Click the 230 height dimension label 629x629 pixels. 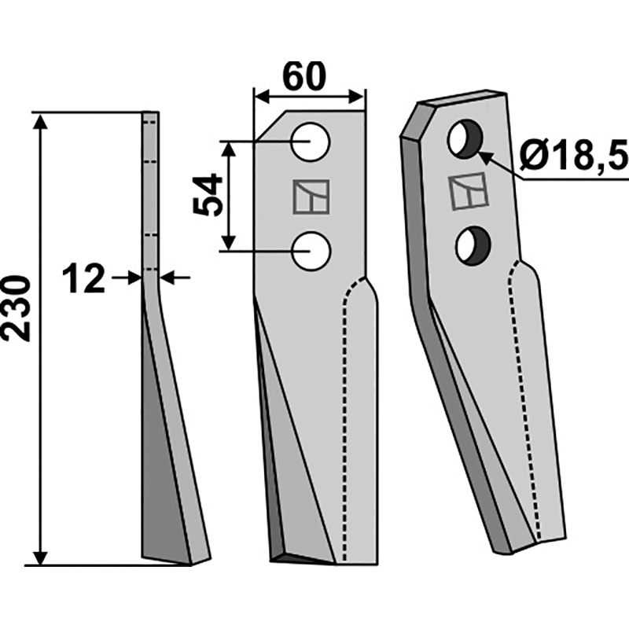tap(17, 308)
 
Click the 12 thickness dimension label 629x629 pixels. tap(83, 278)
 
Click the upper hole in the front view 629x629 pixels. tap(311, 142)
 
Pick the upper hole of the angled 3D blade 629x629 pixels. tap(463, 138)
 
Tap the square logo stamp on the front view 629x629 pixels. tap(311, 197)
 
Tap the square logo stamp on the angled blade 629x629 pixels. tap(468, 193)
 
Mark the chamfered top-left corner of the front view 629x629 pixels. tap(268, 126)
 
